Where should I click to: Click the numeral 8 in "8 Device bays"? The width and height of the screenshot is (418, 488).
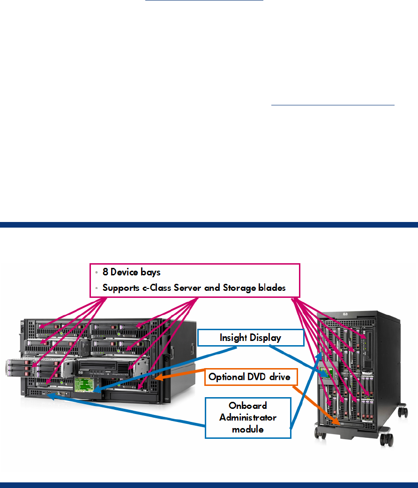pyautogui.click(x=105, y=273)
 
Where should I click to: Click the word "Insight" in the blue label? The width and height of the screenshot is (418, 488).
pyautogui.click(x=234, y=338)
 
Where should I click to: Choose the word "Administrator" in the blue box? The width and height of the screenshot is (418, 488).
pyautogui.click(x=248, y=417)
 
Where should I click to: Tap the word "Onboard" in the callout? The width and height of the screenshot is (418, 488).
pyautogui.click(x=248, y=406)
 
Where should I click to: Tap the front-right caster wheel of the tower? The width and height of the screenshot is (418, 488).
pyautogui.click(x=386, y=440)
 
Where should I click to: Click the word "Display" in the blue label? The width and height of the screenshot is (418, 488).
pyautogui.click(x=266, y=338)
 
